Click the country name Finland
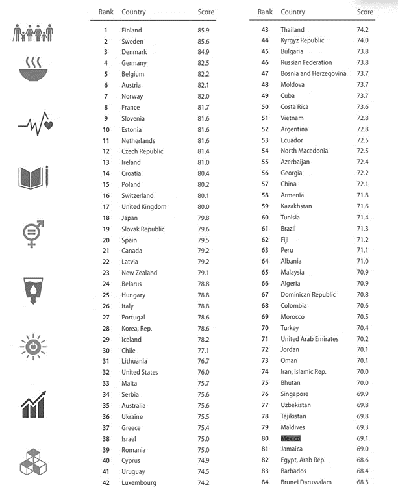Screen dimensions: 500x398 tap(132, 30)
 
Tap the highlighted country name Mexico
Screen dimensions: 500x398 tap(290, 438)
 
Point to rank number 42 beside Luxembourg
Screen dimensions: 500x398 tap(106, 482)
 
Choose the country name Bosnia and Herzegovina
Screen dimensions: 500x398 tap(314, 73)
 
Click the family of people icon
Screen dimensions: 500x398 tap(32, 33)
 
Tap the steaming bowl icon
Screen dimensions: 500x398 tap(33, 68)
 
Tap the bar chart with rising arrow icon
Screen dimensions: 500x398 tap(34, 404)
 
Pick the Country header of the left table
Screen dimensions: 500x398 tap(134, 12)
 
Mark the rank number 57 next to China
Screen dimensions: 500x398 tap(265, 184)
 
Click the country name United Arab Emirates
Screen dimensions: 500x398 tap(310, 338)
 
